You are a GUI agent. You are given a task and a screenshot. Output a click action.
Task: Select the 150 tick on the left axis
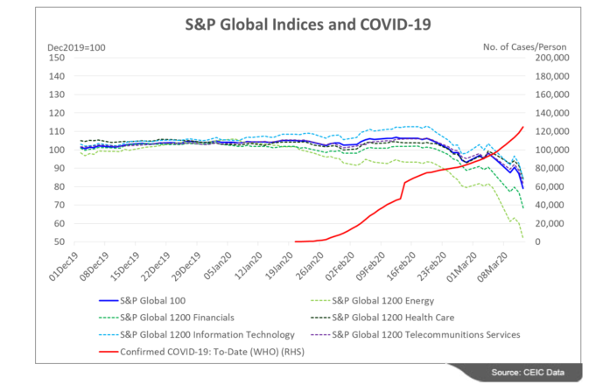pos(59,58)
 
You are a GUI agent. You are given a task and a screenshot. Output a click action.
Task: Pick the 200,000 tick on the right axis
pos(550,58)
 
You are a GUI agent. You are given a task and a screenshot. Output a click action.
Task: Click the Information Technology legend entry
pos(201,334)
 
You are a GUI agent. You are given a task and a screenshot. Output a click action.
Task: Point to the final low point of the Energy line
pos(522,237)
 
